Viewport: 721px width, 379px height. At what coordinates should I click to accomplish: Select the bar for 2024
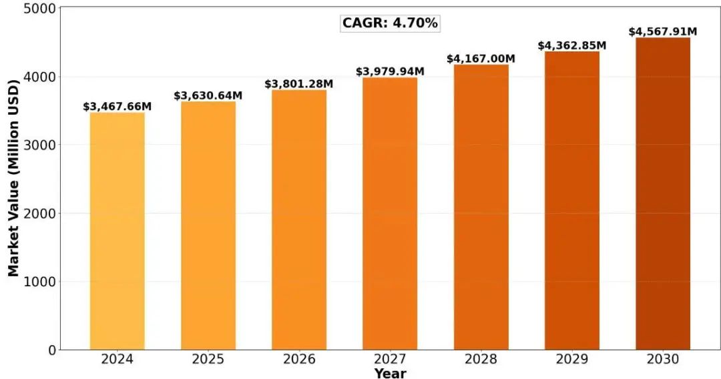click(117, 231)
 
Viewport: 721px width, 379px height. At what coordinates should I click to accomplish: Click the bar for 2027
click(390, 214)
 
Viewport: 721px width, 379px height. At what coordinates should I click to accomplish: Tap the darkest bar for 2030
click(663, 194)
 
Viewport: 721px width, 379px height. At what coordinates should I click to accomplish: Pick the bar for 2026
click(299, 220)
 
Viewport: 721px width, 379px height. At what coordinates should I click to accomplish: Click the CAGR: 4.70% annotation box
click(391, 23)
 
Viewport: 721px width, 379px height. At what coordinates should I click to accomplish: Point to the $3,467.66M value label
click(117, 107)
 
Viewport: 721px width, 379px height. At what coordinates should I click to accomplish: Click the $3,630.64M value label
click(208, 96)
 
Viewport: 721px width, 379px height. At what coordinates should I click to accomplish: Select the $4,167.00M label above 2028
click(481, 59)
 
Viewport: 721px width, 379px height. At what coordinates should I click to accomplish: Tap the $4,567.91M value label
click(663, 32)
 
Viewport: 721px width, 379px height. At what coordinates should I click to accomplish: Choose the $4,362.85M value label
click(572, 46)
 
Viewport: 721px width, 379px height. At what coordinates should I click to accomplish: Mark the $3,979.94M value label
click(390, 71)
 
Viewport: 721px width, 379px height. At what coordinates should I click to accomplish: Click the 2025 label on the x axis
click(208, 360)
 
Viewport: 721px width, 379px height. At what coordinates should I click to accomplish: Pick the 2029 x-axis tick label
click(572, 360)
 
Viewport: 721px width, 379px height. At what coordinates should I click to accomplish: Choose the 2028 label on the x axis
click(481, 360)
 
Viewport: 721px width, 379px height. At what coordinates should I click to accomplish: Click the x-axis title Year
click(390, 373)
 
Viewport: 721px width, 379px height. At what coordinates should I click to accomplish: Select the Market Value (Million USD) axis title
click(14, 177)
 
